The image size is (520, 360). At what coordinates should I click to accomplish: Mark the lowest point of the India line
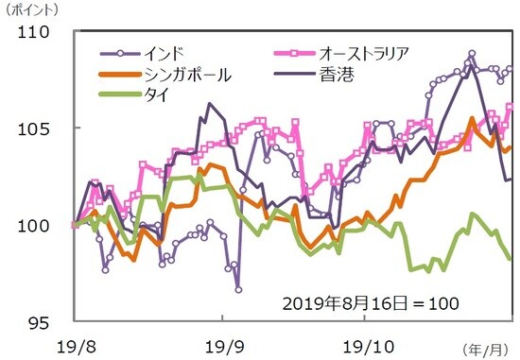coord(238,289)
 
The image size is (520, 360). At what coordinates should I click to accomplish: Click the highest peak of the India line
coord(472,54)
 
